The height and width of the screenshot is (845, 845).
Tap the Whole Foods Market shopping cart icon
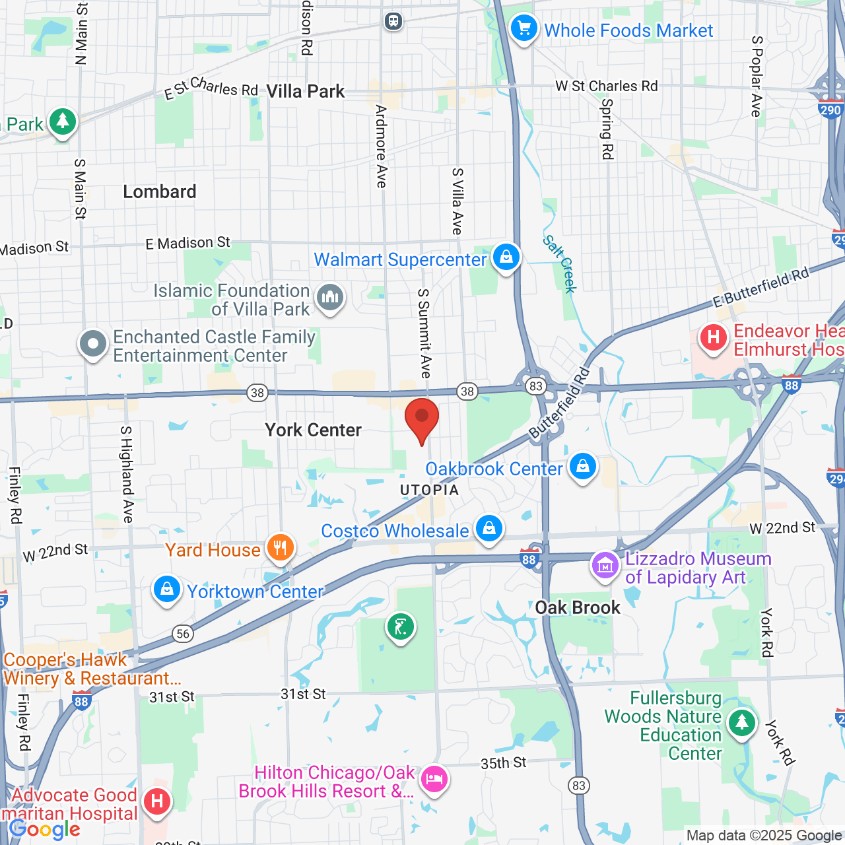(x=524, y=29)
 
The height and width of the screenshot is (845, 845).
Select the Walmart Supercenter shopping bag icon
(x=506, y=257)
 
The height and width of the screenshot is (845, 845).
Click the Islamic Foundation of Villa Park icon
(x=330, y=298)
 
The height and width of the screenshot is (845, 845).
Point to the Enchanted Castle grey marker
(x=93, y=344)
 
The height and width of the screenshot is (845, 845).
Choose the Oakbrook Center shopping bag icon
(x=582, y=467)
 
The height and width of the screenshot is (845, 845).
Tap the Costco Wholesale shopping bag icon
(x=489, y=529)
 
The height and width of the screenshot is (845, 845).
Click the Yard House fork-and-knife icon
(x=281, y=548)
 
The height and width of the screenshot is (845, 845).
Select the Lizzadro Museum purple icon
(x=605, y=566)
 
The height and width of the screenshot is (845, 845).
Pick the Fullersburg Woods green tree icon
(x=741, y=722)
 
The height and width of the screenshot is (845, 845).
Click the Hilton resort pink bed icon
(x=434, y=780)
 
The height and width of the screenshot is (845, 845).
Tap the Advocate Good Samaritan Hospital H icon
(x=156, y=802)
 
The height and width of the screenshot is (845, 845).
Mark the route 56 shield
(x=183, y=634)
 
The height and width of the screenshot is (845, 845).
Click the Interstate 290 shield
(x=830, y=110)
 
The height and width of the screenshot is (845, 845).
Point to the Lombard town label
(x=160, y=192)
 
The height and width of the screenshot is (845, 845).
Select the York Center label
(x=313, y=430)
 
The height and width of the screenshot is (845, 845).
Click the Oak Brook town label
(x=578, y=608)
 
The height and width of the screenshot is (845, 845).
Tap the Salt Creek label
(x=560, y=263)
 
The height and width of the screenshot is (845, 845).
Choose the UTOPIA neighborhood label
(x=429, y=490)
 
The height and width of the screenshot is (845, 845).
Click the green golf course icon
(x=401, y=626)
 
